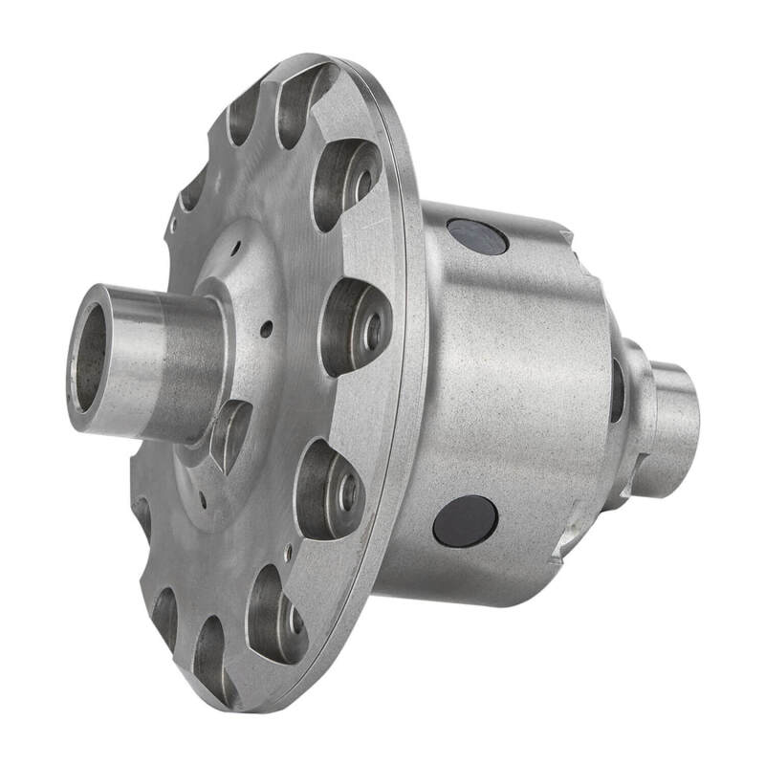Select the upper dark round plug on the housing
pos(476,236)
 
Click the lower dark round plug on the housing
pos(465,521)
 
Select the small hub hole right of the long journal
pos(266,329)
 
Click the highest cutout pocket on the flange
pos(304,100)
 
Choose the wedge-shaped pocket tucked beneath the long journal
pos(229,435)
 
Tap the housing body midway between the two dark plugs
pos(497,382)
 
